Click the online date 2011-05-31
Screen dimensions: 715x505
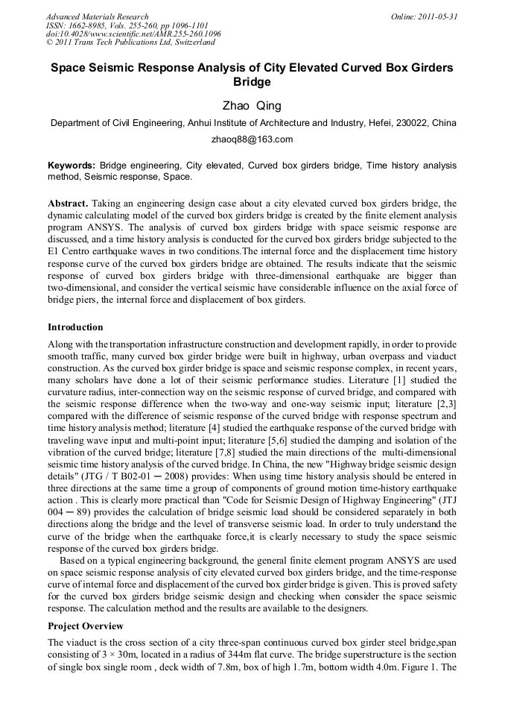coord(438,16)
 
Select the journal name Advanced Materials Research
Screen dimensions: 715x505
coord(97,16)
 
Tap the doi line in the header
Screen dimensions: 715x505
coord(133,34)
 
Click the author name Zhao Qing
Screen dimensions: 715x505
coord(252,106)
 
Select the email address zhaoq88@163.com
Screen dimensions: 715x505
coord(252,139)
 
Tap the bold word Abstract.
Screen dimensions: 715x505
coord(69,204)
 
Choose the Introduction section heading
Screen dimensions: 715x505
coord(75,327)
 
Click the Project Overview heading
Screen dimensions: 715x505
coord(85,626)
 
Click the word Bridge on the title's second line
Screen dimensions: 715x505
coord(252,82)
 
